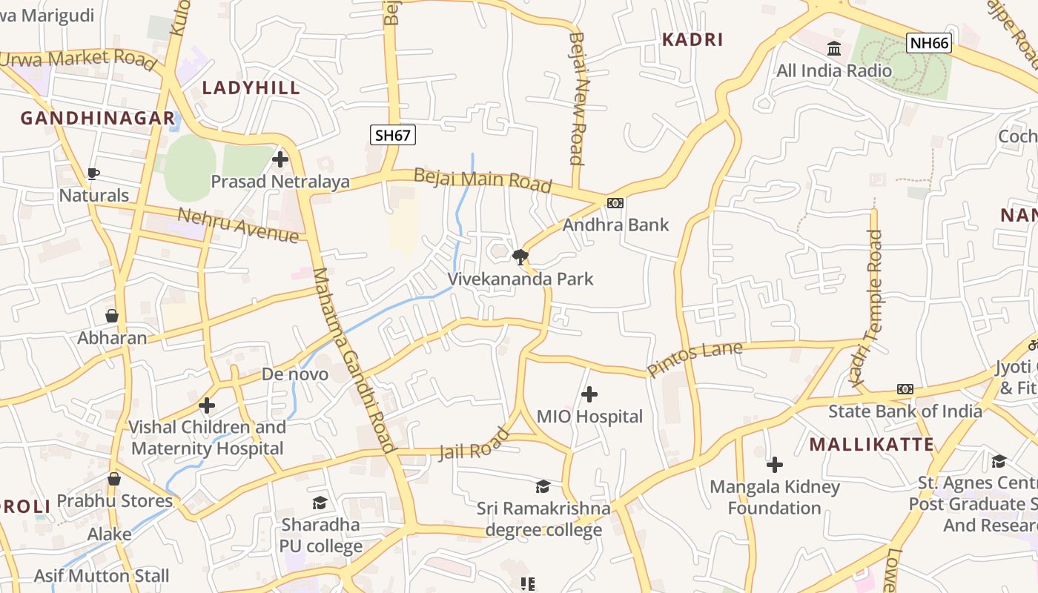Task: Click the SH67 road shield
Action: click(393, 135)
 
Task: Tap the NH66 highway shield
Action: click(929, 43)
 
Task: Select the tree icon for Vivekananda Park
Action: click(520, 257)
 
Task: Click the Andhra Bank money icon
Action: click(615, 203)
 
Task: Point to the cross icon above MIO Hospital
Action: click(589, 394)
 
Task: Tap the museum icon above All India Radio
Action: click(834, 49)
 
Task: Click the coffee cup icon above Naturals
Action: click(93, 174)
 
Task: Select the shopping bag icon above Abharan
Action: click(112, 317)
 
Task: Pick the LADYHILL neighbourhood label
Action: click(251, 87)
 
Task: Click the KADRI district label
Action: click(692, 40)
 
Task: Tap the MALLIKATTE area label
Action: click(871, 445)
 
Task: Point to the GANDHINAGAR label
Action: click(97, 118)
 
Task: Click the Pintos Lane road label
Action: click(695, 358)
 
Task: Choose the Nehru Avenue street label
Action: click(238, 225)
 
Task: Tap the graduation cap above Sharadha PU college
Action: click(320, 503)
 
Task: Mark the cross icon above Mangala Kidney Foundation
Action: click(775, 465)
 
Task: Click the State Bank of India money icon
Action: click(905, 389)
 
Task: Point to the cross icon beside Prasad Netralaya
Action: click(280, 159)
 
